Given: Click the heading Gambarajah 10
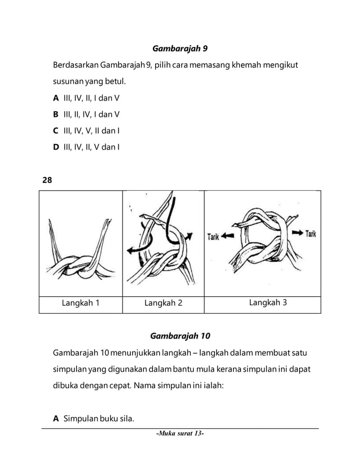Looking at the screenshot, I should (180, 336).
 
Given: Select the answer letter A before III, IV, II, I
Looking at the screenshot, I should (56, 98).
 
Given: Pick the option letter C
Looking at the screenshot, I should (56, 131).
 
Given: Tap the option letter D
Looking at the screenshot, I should (56, 148).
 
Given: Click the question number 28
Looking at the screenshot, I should (47, 181).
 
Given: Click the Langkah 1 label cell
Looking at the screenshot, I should (81, 303).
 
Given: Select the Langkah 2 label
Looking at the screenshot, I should (163, 303).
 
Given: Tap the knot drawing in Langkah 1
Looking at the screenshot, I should (82, 270).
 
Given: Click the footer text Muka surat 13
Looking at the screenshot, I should (180, 435).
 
